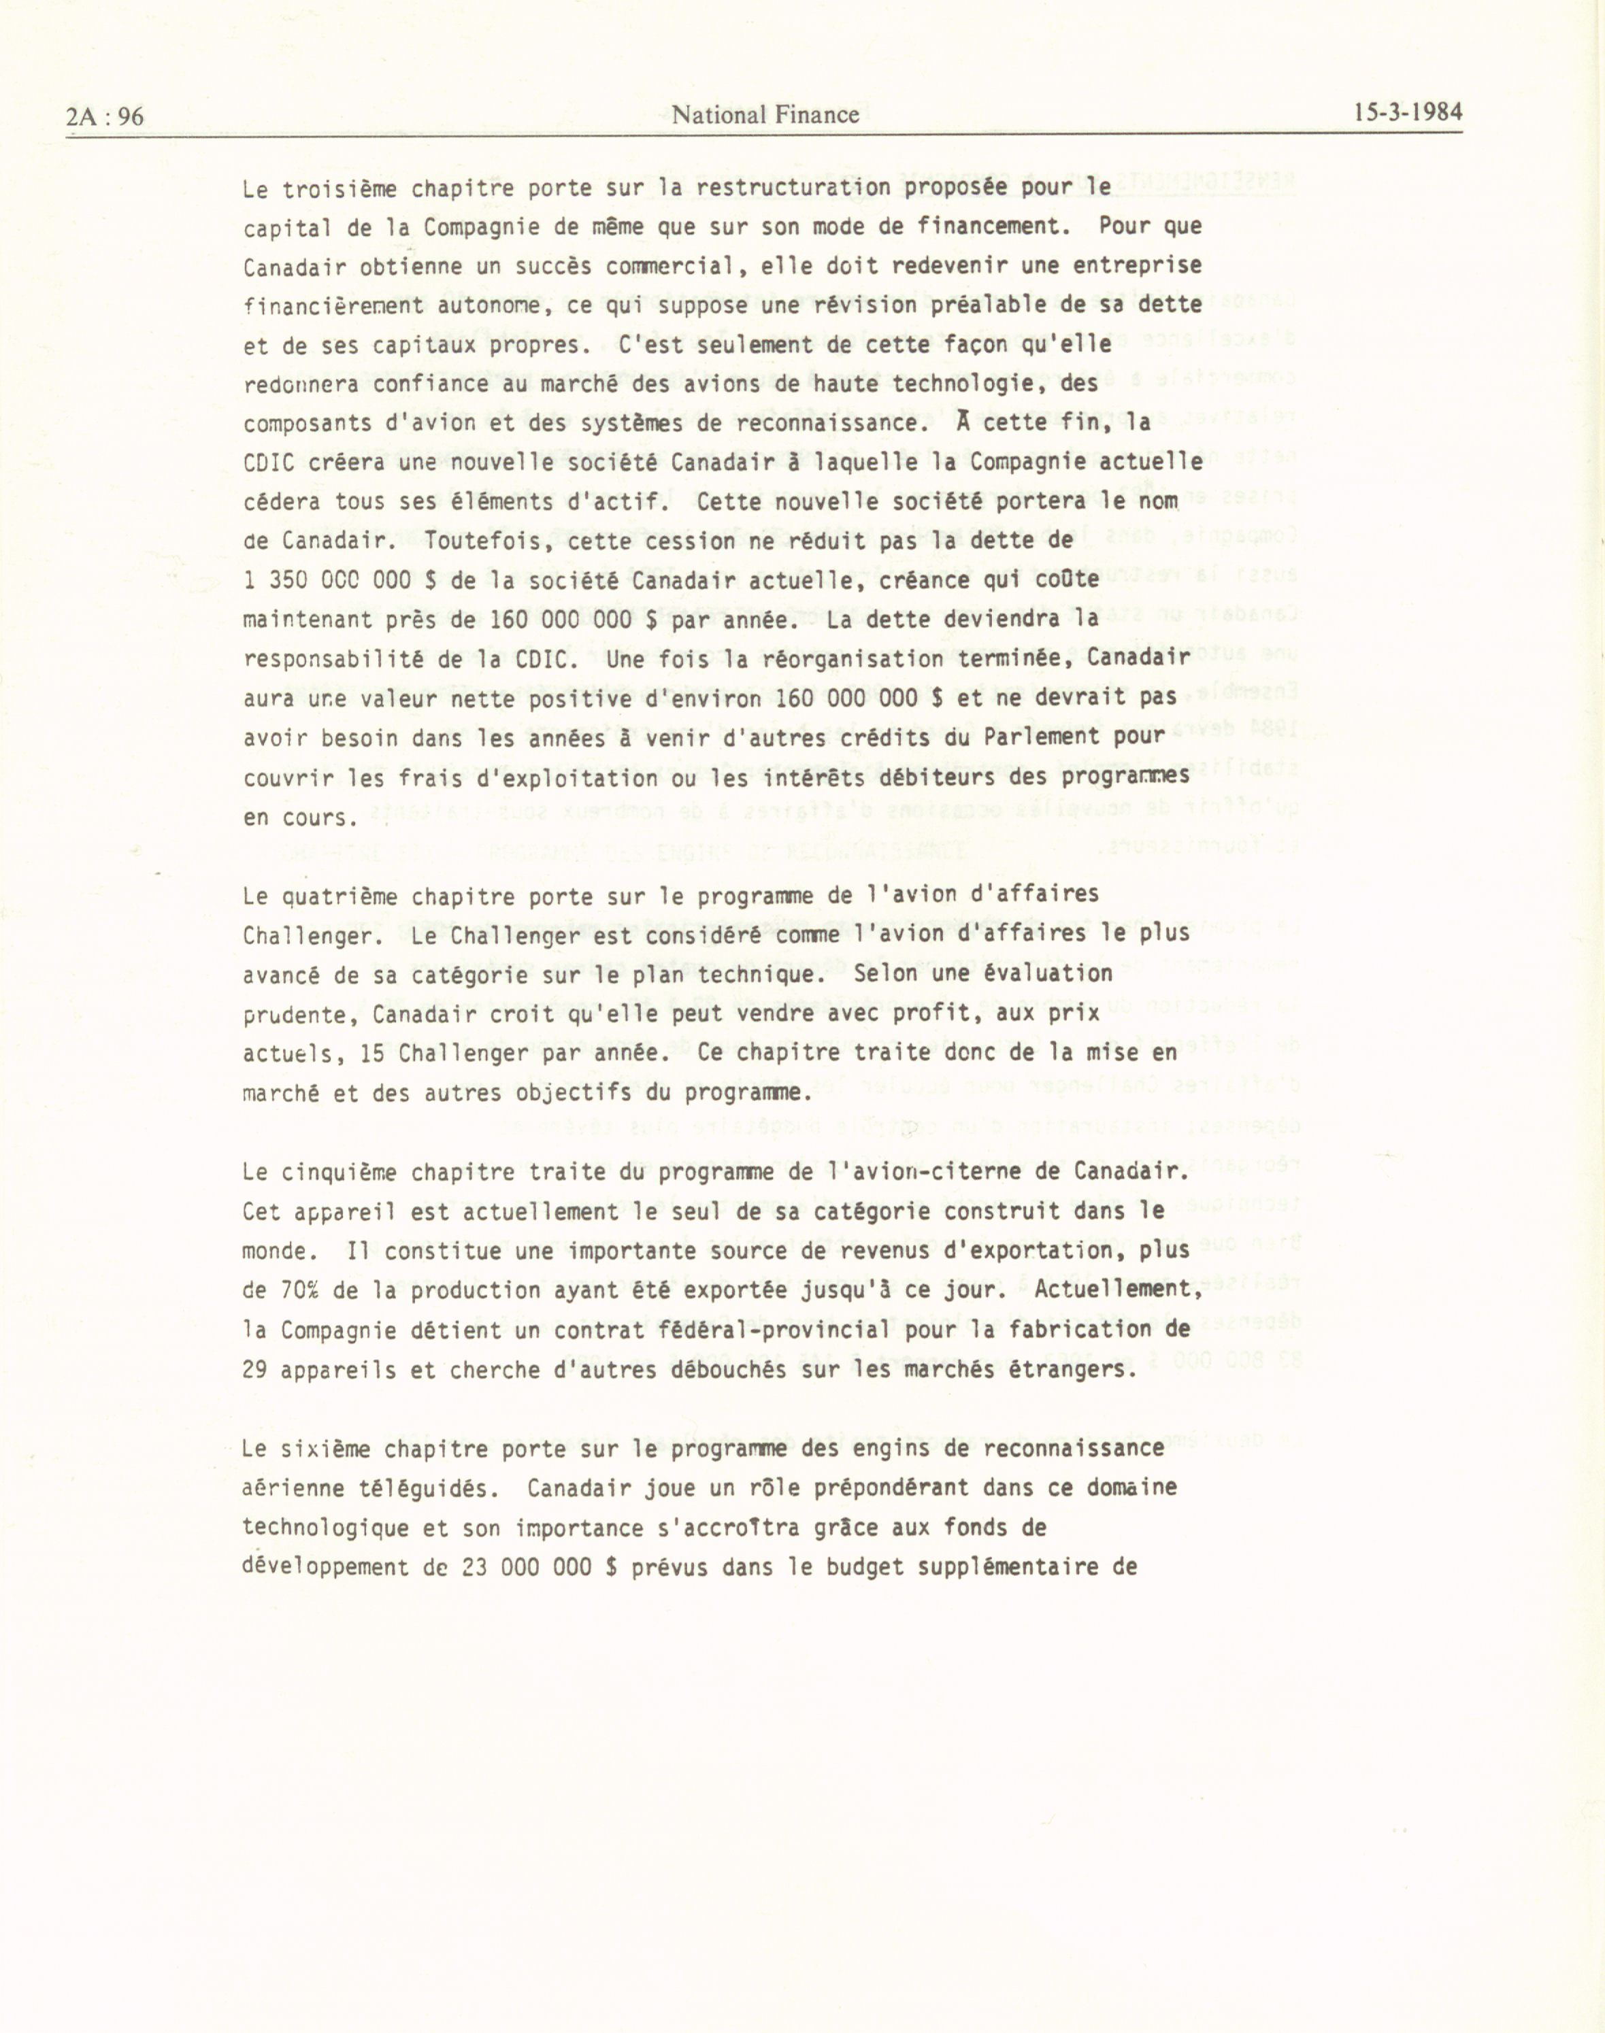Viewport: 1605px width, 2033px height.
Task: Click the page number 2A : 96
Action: click(x=105, y=116)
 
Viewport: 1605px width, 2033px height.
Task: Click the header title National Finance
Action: click(x=766, y=115)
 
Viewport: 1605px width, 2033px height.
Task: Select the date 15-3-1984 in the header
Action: click(x=1408, y=113)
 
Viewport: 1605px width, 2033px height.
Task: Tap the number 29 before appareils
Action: click(x=256, y=1370)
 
